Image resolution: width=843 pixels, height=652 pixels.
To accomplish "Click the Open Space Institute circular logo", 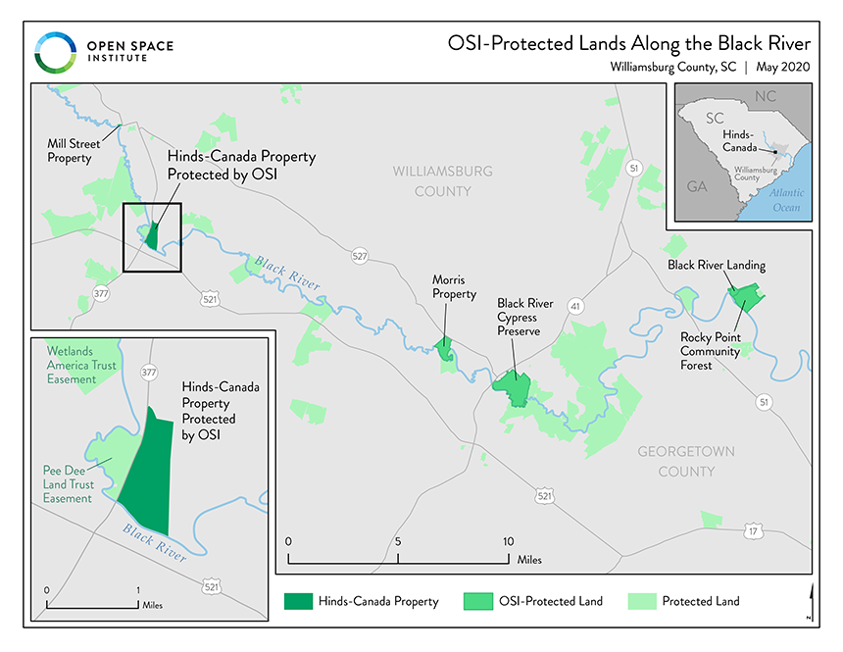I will pyautogui.click(x=54, y=51).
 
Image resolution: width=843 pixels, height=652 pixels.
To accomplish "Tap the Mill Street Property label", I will pyautogui.click(x=69, y=149).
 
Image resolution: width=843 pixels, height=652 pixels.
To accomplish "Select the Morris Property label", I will pyautogui.click(x=454, y=286).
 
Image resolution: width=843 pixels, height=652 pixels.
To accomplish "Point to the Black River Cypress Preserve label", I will pyautogui.click(x=524, y=317).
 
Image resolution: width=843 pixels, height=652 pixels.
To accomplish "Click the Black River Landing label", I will pyautogui.click(x=717, y=265).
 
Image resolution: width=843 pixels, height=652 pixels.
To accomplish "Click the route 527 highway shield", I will pyautogui.click(x=359, y=255).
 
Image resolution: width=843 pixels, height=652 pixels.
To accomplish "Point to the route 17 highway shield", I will pyautogui.click(x=752, y=530).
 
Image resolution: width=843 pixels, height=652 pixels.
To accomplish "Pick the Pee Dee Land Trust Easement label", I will pyautogui.click(x=68, y=484).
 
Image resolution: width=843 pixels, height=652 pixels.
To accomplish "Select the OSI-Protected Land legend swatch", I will pyautogui.click(x=476, y=601).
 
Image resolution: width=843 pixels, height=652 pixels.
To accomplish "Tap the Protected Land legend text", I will pyautogui.click(x=701, y=601).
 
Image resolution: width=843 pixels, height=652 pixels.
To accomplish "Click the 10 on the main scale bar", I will pyautogui.click(x=508, y=540).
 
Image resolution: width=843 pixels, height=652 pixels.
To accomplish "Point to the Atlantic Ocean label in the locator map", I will pyautogui.click(x=786, y=200).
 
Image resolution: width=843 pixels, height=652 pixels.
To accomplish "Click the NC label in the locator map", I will pyautogui.click(x=766, y=97).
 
